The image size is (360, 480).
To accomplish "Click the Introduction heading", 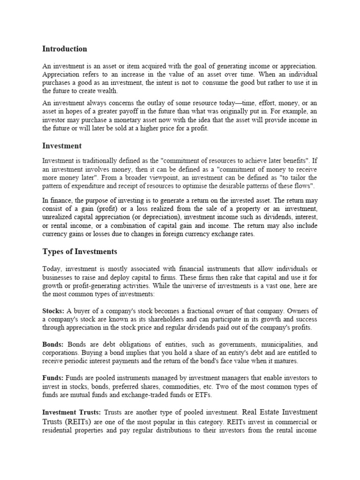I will point(65,49).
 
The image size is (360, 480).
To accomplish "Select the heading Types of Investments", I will point(80,252).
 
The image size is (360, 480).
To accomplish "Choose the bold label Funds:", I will point(53,378).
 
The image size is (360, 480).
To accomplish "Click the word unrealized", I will point(60,217).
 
